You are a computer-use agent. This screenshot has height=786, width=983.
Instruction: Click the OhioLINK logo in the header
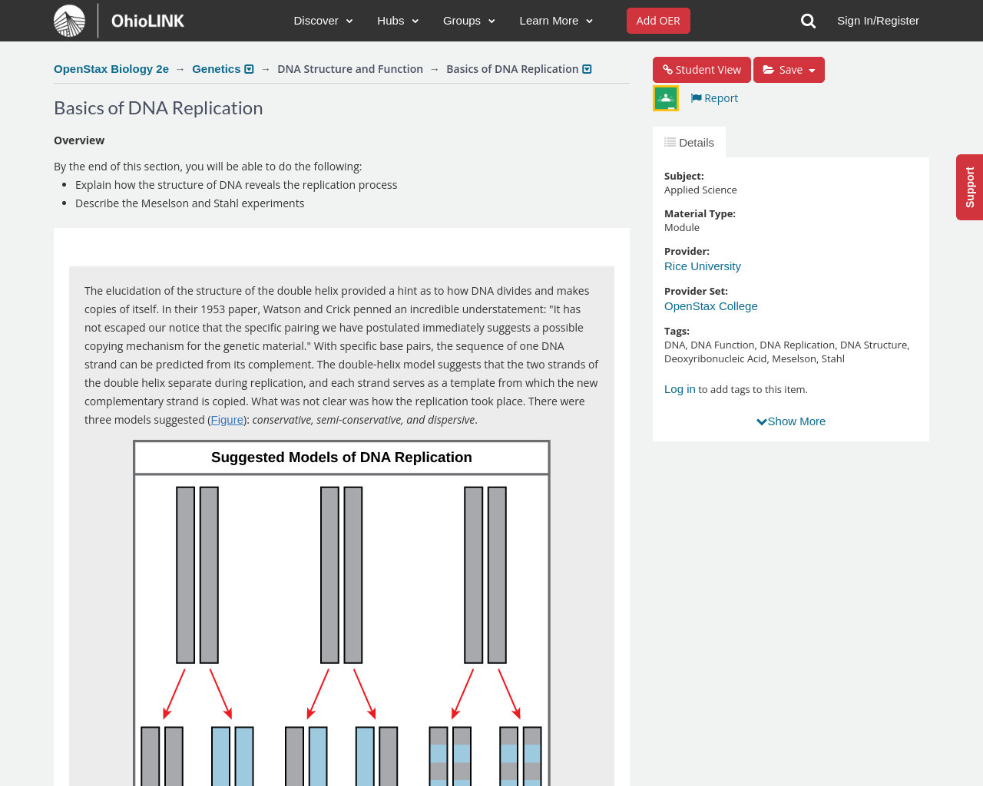pyautogui.click(x=120, y=21)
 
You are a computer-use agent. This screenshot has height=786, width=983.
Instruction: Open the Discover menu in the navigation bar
pyautogui.click(x=323, y=21)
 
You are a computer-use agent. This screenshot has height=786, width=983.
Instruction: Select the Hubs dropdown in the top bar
pyautogui.click(x=398, y=21)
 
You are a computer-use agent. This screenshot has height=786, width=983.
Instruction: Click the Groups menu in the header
pyautogui.click(x=468, y=21)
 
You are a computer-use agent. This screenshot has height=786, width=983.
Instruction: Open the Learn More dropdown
pyautogui.click(x=556, y=21)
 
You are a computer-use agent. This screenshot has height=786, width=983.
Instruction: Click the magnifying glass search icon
pyautogui.click(x=808, y=21)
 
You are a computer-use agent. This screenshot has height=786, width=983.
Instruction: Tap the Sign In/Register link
pyautogui.click(x=878, y=21)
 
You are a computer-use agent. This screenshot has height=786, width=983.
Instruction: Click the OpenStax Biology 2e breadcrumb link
pyautogui.click(x=111, y=69)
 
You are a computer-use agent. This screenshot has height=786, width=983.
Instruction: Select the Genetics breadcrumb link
pyautogui.click(x=217, y=69)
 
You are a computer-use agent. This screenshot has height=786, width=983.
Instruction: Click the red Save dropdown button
pyautogui.click(x=789, y=70)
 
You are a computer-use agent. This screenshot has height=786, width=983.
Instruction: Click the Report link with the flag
pyautogui.click(x=714, y=98)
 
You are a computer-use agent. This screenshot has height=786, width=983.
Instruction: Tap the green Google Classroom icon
pyautogui.click(x=666, y=98)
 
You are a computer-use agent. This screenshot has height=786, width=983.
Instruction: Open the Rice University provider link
pyautogui.click(x=703, y=266)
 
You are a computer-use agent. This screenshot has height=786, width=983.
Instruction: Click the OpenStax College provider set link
pyautogui.click(x=711, y=306)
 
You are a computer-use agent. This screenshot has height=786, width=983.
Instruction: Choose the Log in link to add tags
pyautogui.click(x=680, y=389)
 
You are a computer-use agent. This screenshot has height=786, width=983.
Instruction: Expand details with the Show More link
pyautogui.click(x=791, y=421)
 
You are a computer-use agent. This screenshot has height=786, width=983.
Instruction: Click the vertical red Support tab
pyautogui.click(x=970, y=187)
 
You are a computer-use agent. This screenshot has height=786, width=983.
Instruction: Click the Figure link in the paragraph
pyautogui.click(x=227, y=420)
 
